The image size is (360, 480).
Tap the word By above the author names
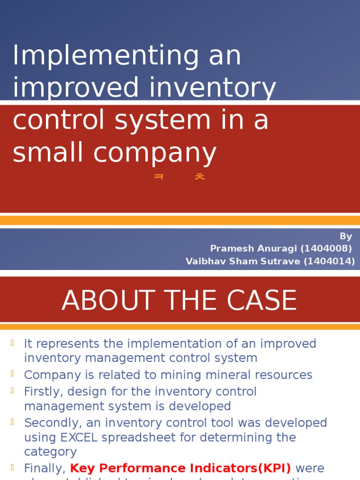point(346,236)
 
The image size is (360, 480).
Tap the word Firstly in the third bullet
point(43,391)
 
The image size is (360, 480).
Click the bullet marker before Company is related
point(13,374)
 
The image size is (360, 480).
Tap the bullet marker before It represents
point(13,343)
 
